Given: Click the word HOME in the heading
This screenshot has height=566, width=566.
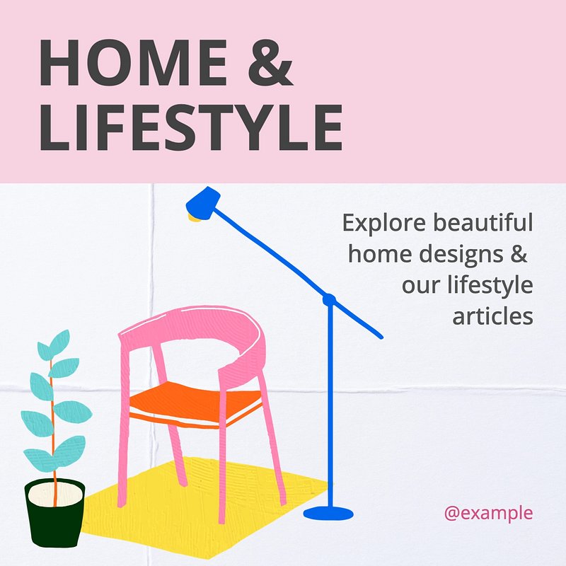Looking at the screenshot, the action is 133,63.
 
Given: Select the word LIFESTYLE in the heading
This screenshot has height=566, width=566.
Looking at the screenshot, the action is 191,127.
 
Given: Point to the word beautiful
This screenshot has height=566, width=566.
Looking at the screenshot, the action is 483,222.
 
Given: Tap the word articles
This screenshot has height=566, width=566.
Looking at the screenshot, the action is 492,316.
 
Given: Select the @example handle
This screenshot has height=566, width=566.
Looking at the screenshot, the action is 488,514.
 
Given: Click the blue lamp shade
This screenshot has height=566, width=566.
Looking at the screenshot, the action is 203,204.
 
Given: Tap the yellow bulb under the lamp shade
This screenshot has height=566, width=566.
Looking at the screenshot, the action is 193,218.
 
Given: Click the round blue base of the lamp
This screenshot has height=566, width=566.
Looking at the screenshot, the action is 328,513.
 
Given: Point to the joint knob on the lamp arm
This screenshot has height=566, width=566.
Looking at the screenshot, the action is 329,299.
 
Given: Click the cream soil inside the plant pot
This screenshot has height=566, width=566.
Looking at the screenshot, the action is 55,494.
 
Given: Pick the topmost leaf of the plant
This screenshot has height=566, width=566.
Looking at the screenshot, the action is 59,341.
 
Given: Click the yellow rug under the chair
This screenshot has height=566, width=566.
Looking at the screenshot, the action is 202,512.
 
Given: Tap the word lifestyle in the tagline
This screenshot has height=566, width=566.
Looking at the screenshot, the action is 490,285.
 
